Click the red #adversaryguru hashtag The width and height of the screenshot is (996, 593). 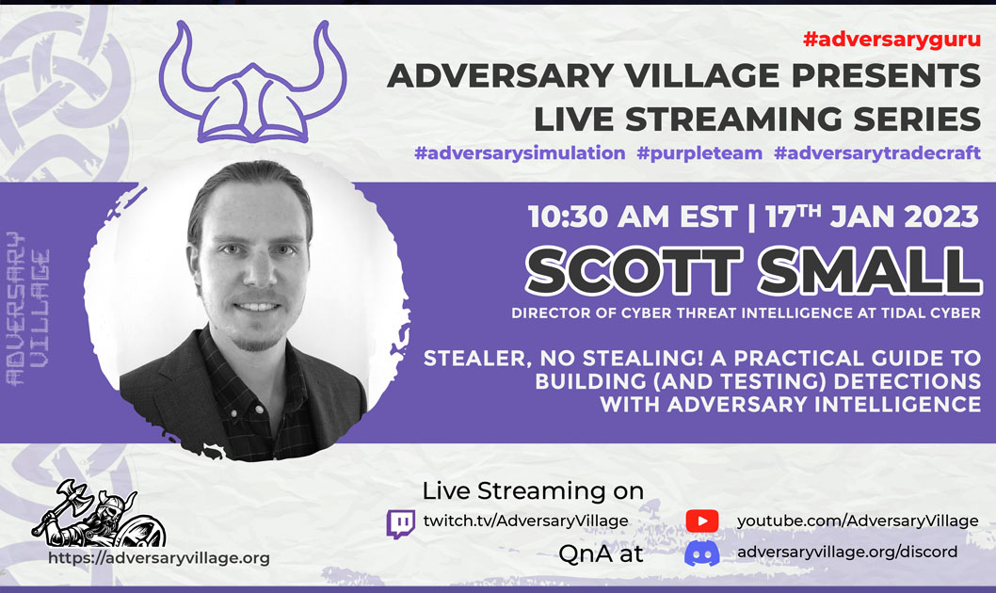[892, 40]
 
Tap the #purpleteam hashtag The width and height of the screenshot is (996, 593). [699, 153]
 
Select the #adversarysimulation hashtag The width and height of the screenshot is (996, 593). [519, 153]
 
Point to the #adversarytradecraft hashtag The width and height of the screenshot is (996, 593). [877, 153]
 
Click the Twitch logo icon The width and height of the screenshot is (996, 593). [401, 523]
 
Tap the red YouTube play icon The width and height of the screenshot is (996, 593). [701, 521]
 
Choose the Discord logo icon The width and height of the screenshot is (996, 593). [701, 553]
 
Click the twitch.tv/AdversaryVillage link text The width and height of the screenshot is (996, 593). [525, 521]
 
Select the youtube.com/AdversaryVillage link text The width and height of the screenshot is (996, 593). [858, 521]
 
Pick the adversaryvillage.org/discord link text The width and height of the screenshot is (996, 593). [847, 552]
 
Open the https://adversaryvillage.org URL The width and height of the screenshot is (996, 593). [159, 557]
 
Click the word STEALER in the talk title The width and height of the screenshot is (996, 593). [480, 359]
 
